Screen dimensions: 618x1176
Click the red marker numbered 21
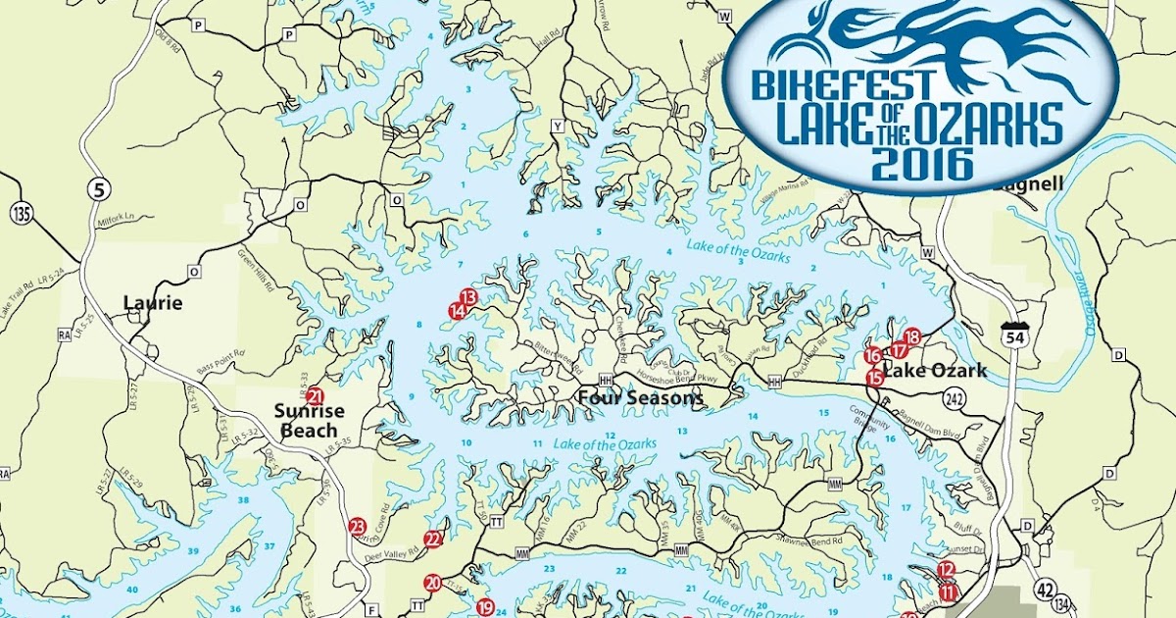click(315, 397)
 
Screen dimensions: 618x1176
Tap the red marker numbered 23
click(357, 527)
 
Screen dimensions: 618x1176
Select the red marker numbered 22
click(433, 539)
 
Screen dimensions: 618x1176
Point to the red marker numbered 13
click(467, 296)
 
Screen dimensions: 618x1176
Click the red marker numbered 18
click(912, 337)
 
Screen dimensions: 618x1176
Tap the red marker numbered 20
click(433, 584)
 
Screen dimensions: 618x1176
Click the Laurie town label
click(153, 303)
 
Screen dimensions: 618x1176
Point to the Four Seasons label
click(640, 398)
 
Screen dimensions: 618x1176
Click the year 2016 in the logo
click(920, 162)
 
